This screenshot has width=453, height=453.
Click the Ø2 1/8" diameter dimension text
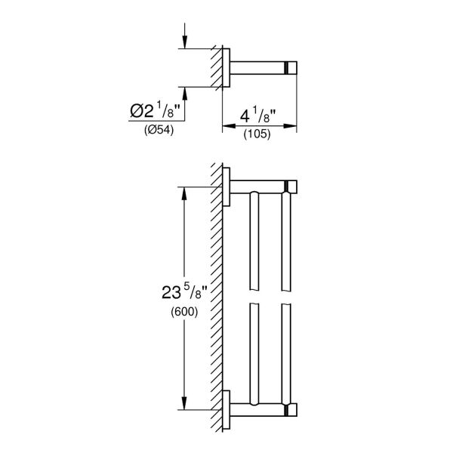[x=156, y=112]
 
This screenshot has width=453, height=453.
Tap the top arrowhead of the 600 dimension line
[x=183, y=192]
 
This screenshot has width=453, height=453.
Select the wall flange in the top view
[x=226, y=68]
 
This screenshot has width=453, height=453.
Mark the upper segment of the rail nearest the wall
[x=254, y=242]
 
